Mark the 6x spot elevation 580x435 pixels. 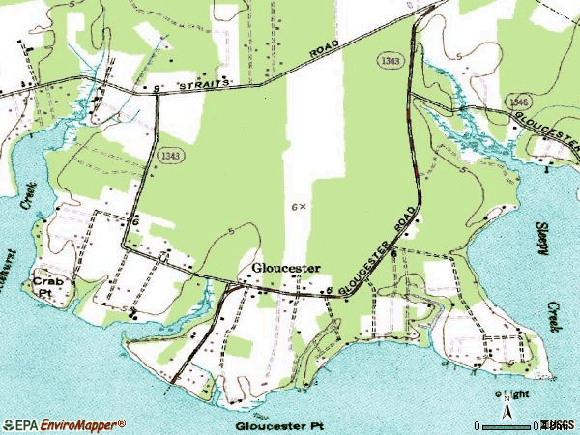(x=297, y=207)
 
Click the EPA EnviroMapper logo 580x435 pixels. (x=64, y=424)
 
